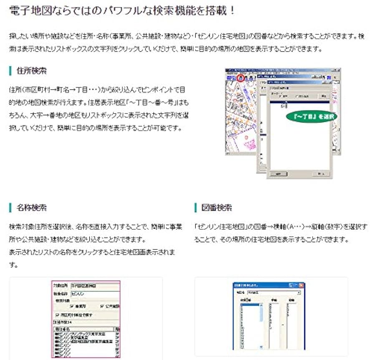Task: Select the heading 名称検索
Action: point(32,208)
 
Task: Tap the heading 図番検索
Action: point(217,208)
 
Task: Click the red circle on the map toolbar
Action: point(240,78)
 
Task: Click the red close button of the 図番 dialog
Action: point(302,286)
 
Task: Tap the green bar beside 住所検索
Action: point(10,70)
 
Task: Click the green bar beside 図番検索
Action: point(195,208)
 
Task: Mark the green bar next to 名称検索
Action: point(10,208)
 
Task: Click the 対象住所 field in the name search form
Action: point(94,286)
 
